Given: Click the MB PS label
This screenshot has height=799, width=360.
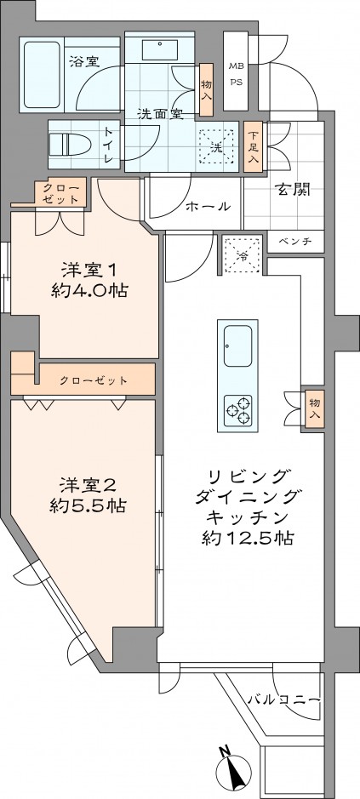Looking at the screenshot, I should tap(234, 73).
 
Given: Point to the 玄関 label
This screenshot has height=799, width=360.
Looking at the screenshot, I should tap(292, 190).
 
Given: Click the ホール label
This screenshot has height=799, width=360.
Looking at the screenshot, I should tap(208, 206).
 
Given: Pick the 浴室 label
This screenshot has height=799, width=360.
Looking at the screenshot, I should tap(84, 61).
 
